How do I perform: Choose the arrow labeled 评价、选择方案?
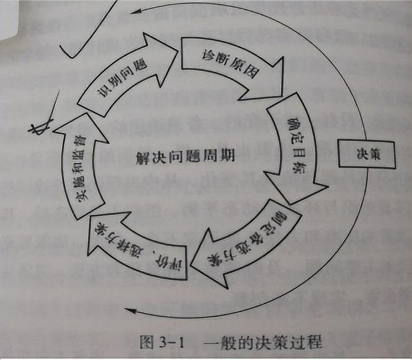pos(133,247)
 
